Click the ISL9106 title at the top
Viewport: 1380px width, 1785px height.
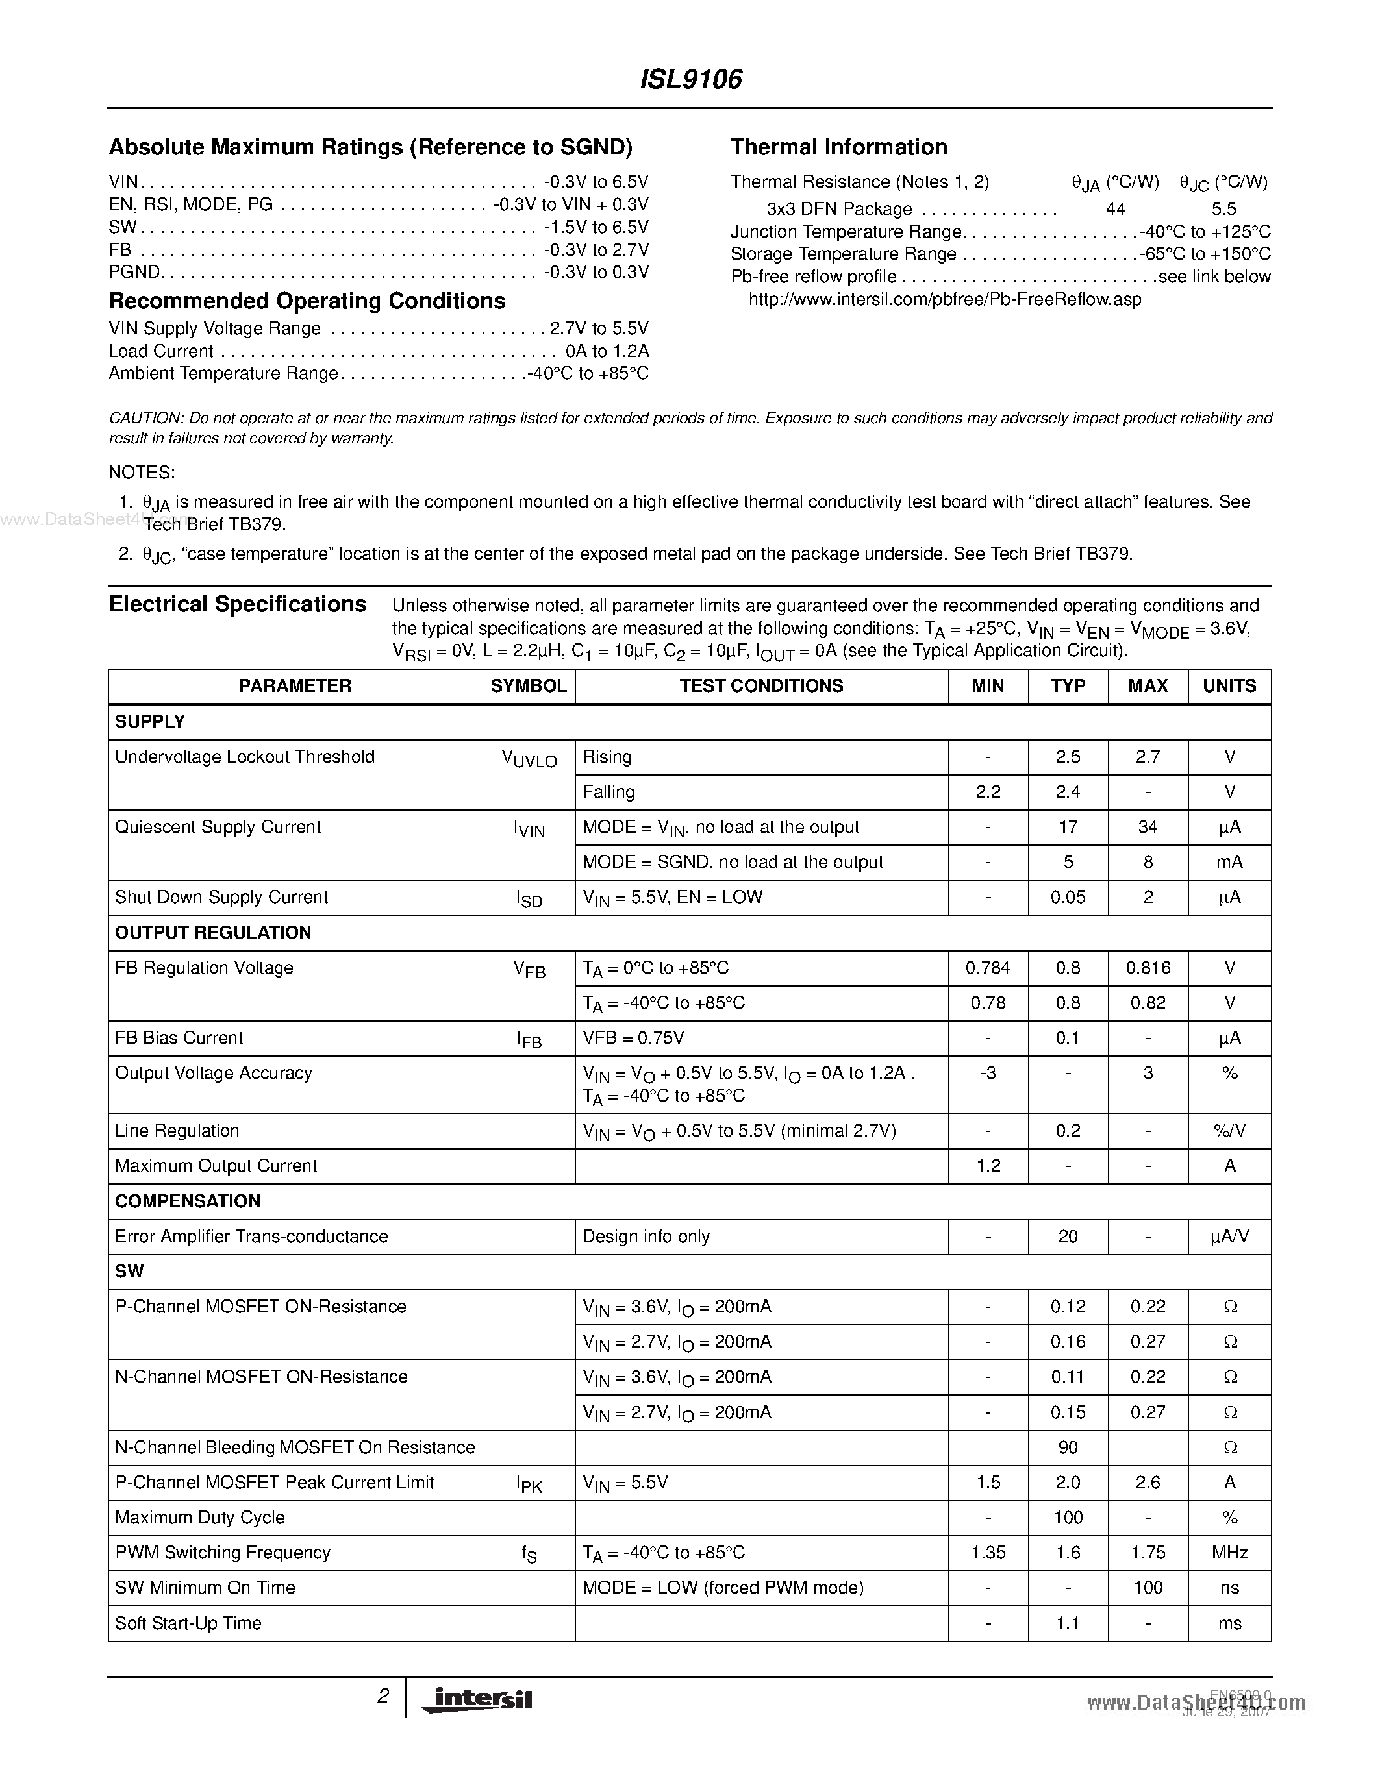[690, 79]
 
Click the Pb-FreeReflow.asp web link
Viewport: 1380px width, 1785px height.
[944, 299]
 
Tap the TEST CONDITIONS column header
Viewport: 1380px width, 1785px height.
[761, 685]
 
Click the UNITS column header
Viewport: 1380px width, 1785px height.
[1229, 685]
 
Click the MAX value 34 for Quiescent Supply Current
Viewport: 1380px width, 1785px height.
[1147, 827]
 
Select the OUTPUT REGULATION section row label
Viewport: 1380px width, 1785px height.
[212, 933]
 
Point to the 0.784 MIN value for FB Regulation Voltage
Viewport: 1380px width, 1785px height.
[988, 968]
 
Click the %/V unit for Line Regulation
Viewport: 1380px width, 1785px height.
[1229, 1131]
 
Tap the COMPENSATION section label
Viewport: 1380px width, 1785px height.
[187, 1201]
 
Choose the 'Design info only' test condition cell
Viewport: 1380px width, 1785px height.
[646, 1237]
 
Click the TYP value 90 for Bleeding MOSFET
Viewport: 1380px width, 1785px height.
[1068, 1447]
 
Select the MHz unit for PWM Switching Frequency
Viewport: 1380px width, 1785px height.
[1229, 1553]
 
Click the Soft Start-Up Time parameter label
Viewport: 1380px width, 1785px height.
[188, 1623]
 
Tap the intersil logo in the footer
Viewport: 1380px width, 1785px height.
[477, 1699]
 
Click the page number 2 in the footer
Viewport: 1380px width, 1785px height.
[383, 1697]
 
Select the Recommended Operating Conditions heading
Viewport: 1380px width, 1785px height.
[307, 302]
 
